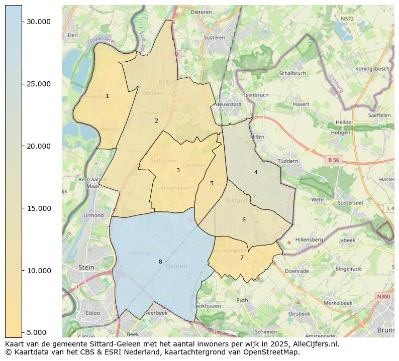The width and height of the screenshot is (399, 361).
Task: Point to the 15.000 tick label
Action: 39,208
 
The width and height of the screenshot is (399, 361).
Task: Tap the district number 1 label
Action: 107,96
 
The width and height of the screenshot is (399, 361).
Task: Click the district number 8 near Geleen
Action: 160,262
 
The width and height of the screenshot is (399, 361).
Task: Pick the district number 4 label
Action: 256,172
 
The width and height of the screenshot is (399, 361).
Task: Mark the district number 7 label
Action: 242,258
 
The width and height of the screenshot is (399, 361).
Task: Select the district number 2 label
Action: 156,121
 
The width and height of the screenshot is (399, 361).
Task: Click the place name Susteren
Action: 215,37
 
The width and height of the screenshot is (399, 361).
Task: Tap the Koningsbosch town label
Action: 372,69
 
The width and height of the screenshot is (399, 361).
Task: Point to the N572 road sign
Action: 347,19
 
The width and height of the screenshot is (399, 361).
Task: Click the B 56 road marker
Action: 333,160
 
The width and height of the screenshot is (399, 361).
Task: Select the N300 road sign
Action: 383,297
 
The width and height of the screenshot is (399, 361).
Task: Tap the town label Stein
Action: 86,268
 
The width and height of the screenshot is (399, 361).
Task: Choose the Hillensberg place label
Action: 309,240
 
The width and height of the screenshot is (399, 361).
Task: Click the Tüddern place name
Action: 288,161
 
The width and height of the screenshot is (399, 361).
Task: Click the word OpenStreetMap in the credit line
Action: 272,352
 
